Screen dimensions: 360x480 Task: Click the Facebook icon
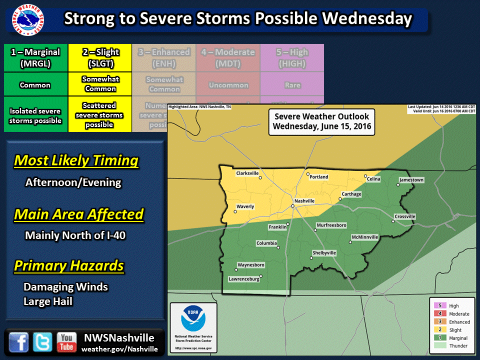pyautogui.click(x=18, y=342)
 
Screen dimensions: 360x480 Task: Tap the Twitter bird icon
pyautogui.click(x=42, y=342)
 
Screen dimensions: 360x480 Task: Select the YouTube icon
pyautogui.click(x=66, y=342)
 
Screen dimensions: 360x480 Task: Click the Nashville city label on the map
pyautogui.click(x=304, y=201)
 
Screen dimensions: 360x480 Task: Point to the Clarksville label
pyautogui.click(x=247, y=173)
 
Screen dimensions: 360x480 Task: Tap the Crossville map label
pyautogui.click(x=404, y=216)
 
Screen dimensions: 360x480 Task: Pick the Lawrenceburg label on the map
pyautogui.click(x=244, y=279)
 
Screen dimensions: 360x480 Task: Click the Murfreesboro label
pyautogui.click(x=331, y=225)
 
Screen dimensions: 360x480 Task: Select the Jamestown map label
pyautogui.click(x=411, y=180)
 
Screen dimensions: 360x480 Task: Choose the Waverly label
pyautogui.click(x=245, y=206)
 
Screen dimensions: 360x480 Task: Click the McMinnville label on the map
pyautogui.click(x=364, y=237)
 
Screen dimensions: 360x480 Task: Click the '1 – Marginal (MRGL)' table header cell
pyautogui.click(x=35, y=58)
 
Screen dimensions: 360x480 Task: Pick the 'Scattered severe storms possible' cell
pyautogui.click(x=99, y=114)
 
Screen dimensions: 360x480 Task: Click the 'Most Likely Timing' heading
pyautogui.click(x=76, y=161)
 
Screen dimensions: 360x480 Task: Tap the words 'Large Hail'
pyautogui.click(x=48, y=301)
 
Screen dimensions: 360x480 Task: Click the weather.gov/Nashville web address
pyautogui.click(x=119, y=349)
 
